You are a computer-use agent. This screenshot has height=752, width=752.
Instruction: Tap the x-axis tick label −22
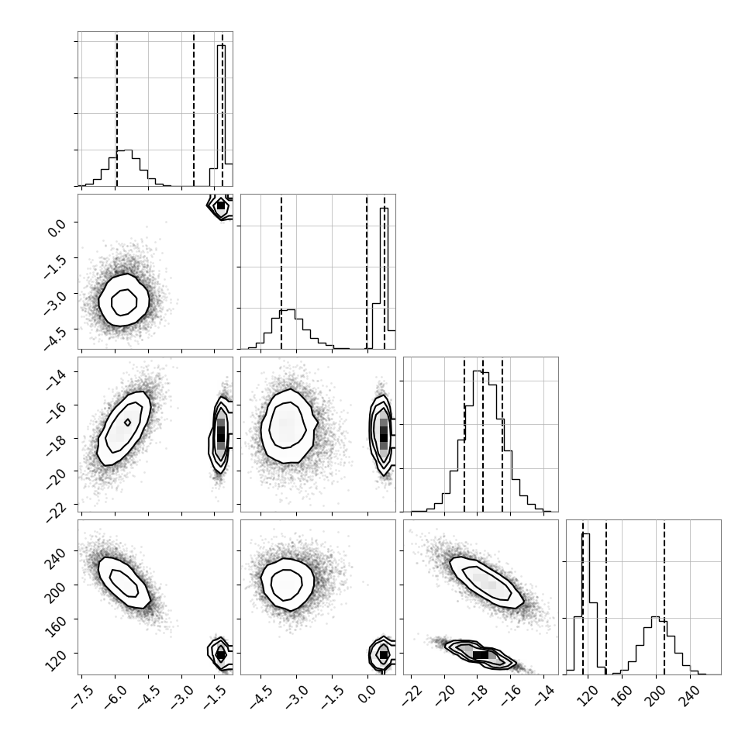(412, 697)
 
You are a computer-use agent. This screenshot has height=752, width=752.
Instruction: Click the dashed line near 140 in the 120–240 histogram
(606, 597)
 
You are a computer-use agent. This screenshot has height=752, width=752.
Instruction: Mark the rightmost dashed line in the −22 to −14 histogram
(502, 434)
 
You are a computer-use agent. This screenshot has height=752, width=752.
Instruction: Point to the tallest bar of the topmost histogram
(221, 115)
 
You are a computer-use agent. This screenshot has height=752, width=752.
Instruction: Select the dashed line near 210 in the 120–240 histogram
(664, 597)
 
